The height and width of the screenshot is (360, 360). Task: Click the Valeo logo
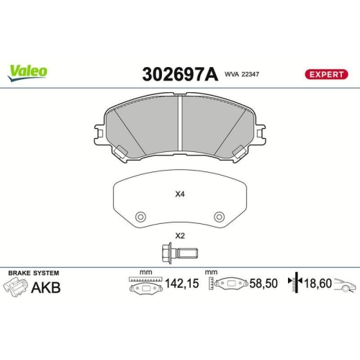(x=28, y=71)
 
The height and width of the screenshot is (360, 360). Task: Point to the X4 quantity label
(x=180, y=194)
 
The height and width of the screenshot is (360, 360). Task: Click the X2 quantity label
(x=180, y=236)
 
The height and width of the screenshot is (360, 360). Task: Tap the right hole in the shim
(x=219, y=215)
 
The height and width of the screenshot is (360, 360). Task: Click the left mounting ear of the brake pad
(x=101, y=133)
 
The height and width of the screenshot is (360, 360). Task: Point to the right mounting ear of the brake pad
(x=259, y=133)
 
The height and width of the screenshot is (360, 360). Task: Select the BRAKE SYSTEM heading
(x=33, y=274)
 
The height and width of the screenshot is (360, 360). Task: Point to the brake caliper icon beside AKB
(x=17, y=288)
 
